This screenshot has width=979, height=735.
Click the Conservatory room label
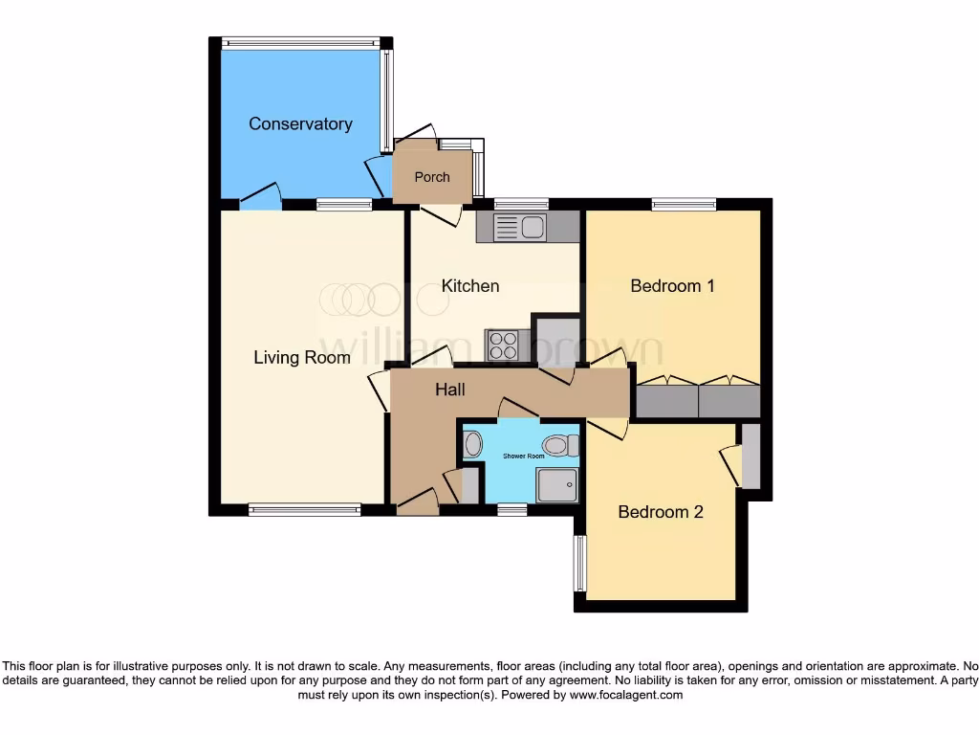[300, 123]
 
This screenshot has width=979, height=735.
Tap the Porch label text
[431, 177]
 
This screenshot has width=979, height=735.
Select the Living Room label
[301, 358]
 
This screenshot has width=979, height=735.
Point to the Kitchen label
[469, 285]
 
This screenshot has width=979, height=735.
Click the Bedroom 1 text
[672, 285]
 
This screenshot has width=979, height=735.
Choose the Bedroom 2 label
[661, 512]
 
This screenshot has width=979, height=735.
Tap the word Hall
[450, 390]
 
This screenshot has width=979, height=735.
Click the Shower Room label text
[523, 457]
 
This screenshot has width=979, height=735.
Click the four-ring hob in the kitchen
[502, 345]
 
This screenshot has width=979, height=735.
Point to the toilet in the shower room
[558, 445]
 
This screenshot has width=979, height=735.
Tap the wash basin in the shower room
[472, 445]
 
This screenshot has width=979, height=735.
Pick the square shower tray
[557, 485]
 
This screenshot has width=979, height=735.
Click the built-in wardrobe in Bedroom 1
[698, 399]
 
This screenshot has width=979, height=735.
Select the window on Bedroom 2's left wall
[579, 563]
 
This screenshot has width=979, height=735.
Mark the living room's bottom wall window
[305, 510]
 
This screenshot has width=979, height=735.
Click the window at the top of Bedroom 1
[684, 204]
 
